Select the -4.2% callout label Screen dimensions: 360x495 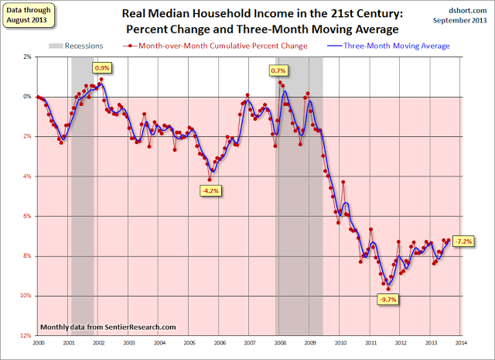(x=210, y=190)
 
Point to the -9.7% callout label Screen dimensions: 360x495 (x=387, y=300)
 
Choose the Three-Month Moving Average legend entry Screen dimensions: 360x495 (x=405, y=46)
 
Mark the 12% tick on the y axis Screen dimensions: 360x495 (x=26, y=335)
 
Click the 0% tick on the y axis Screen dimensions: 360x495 (x=27, y=97)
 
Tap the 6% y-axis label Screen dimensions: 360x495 (x=27, y=216)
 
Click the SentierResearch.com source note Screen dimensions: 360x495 (x=108, y=327)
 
